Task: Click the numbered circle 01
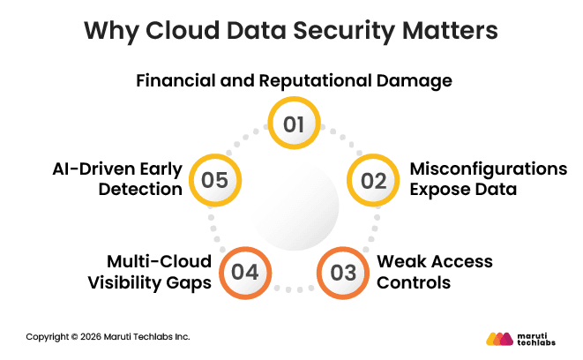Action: (x=294, y=124)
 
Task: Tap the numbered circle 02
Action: (x=373, y=181)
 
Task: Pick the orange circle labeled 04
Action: (x=245, y=272)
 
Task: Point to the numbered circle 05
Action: (x=214, y=181)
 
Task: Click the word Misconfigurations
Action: (x=488, y=169)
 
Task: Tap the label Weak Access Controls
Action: (x=434, y=272)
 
